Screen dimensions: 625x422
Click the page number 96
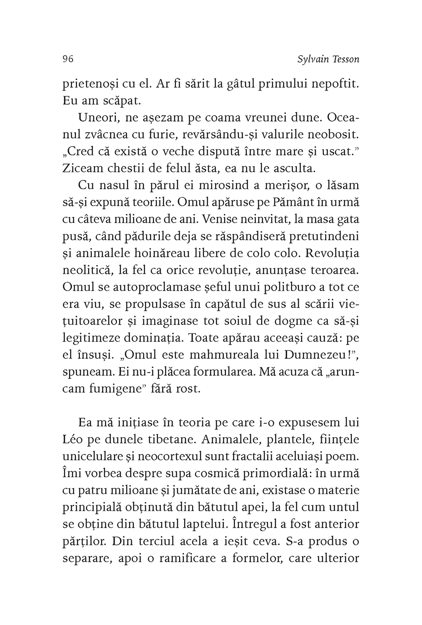pos(68,59)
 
